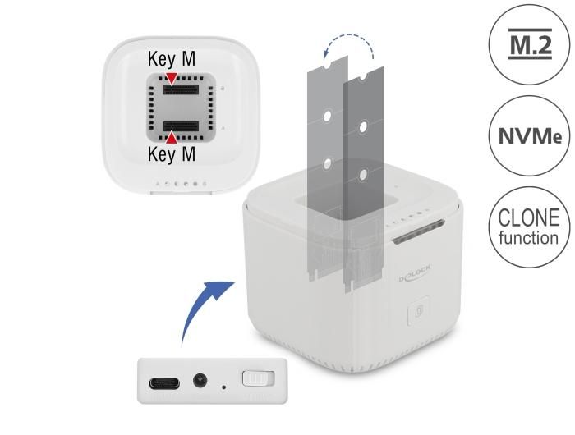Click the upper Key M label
point(172,60)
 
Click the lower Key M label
point(172,153)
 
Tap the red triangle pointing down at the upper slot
point(172,76)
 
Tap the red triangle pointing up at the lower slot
point(172,138)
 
